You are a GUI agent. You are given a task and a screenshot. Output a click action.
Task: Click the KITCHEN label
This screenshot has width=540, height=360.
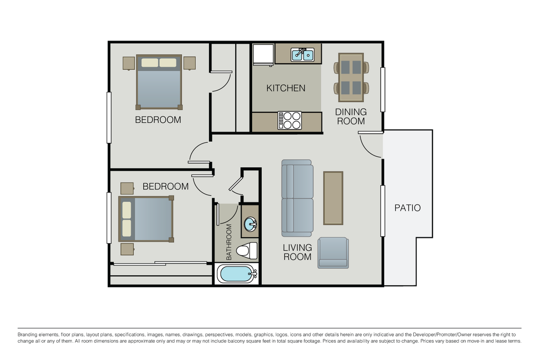pyautogui.click(x=286, y=88)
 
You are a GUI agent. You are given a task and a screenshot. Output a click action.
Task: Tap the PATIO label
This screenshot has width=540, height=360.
pyautogui.click(x=407, y=208)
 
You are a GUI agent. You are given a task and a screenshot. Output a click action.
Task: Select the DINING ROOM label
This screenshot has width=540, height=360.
pyautogui.click(x=351, y=117)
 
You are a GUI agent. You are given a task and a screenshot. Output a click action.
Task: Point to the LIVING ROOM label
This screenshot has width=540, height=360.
pyautogui.click(x=297, y=252)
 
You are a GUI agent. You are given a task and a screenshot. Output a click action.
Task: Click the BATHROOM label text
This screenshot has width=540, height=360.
pyautogui.click(x=229, y=242)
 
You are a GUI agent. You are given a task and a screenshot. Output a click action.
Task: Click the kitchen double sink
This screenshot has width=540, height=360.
pyautogui.click(x=303, y=54)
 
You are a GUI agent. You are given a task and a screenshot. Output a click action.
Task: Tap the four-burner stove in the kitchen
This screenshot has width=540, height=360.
pyautogui.click(x=290, y=121)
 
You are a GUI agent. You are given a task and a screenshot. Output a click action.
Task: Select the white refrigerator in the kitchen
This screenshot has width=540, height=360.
pyautogui.click(x=263, y=54)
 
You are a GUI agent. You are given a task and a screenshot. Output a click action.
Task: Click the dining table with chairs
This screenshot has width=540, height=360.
pyautogui.click(x=351, y=77)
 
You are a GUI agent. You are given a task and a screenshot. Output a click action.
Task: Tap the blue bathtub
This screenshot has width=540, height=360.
pyautogui.click(x=236, y=274)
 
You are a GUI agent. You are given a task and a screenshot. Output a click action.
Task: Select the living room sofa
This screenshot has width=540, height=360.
pyautogui.click(x=297, y=198)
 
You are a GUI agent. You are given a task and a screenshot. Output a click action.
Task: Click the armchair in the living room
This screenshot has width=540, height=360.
pyautogui.click(x=333, y=252)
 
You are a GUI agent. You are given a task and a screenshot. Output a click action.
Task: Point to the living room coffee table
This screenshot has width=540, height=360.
pyautogui.click(x=333, y=198)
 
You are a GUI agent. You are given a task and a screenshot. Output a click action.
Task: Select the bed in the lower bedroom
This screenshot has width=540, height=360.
pyautogui.click(x=146, y=219)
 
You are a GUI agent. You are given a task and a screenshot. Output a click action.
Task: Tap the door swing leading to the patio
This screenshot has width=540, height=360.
pyautogui.click(x=370, y=145)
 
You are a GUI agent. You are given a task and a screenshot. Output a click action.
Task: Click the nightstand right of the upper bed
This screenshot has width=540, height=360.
pyautogui.click(x=189, y=63)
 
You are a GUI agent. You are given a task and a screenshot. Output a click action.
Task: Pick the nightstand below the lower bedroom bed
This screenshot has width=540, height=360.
pyautogui.click(x=128, y=249)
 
